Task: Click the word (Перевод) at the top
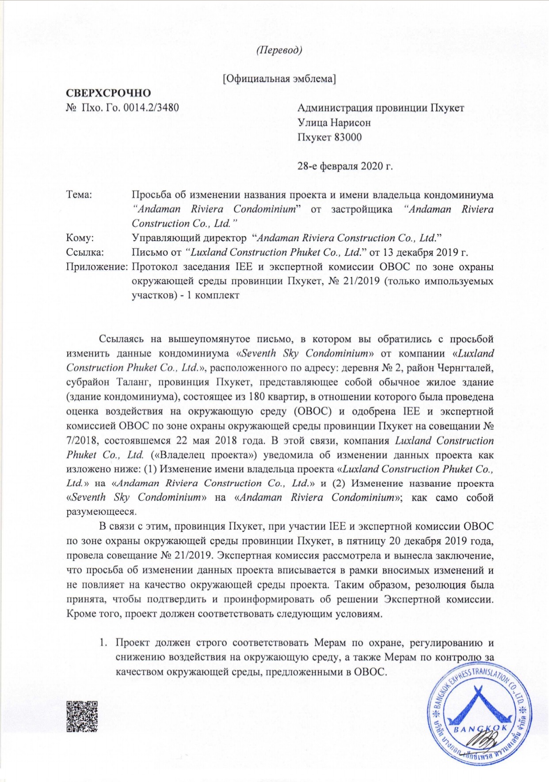(x=279, y=50)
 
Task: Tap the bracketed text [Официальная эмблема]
(x=279, y=79)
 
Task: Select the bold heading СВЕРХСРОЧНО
(x=108, y=93)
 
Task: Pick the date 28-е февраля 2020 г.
(x=345, y=166)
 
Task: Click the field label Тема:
(x=79, y=195)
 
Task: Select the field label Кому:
(x=80, y=238)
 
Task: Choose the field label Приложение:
(x=97, y=267)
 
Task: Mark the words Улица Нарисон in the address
(x=334, y=123)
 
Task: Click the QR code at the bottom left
(x=82, y=717)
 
